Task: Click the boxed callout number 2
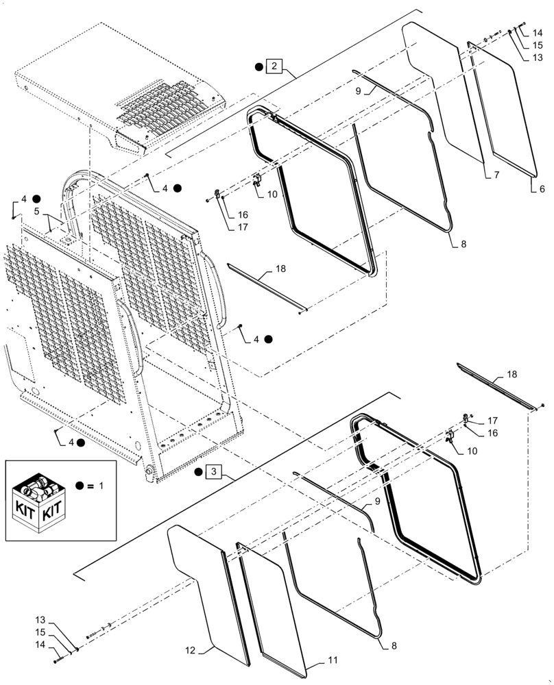274,66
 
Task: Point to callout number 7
494,175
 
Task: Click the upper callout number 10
272,195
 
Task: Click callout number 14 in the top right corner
537,32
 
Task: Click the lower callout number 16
492,433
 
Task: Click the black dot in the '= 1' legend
80,486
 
